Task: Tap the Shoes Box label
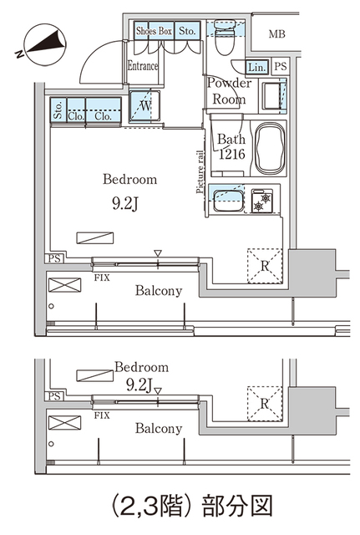154,31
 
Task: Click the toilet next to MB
223,36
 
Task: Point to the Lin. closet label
256,67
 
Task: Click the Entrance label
143,66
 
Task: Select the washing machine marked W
145,107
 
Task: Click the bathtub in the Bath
269,148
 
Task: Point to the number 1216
231,155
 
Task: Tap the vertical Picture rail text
200,172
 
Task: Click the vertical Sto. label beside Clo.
58,110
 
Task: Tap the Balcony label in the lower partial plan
159,429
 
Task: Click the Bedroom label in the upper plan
129,179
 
